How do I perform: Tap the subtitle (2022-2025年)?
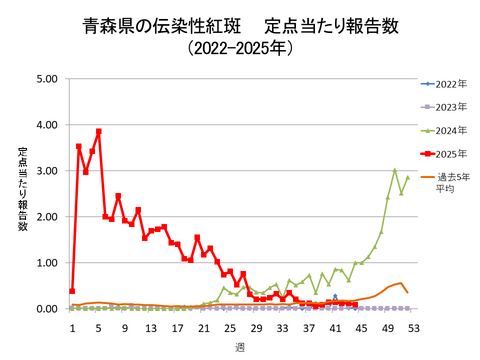pos(240,47)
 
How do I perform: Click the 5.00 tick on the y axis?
pos(46,79)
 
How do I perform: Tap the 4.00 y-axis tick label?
pos(46,125)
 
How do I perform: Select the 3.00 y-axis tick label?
pos(46,171)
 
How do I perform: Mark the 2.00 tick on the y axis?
pos(46,217)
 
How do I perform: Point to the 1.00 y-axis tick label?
pos(46,263)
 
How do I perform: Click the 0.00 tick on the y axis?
pos(46,309)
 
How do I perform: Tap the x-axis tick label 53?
pos(413,326)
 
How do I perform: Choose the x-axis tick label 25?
pos(230,326)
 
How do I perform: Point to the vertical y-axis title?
pos(22,190)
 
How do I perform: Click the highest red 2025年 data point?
pos(99,132)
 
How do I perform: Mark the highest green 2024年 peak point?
pos(394,170)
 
